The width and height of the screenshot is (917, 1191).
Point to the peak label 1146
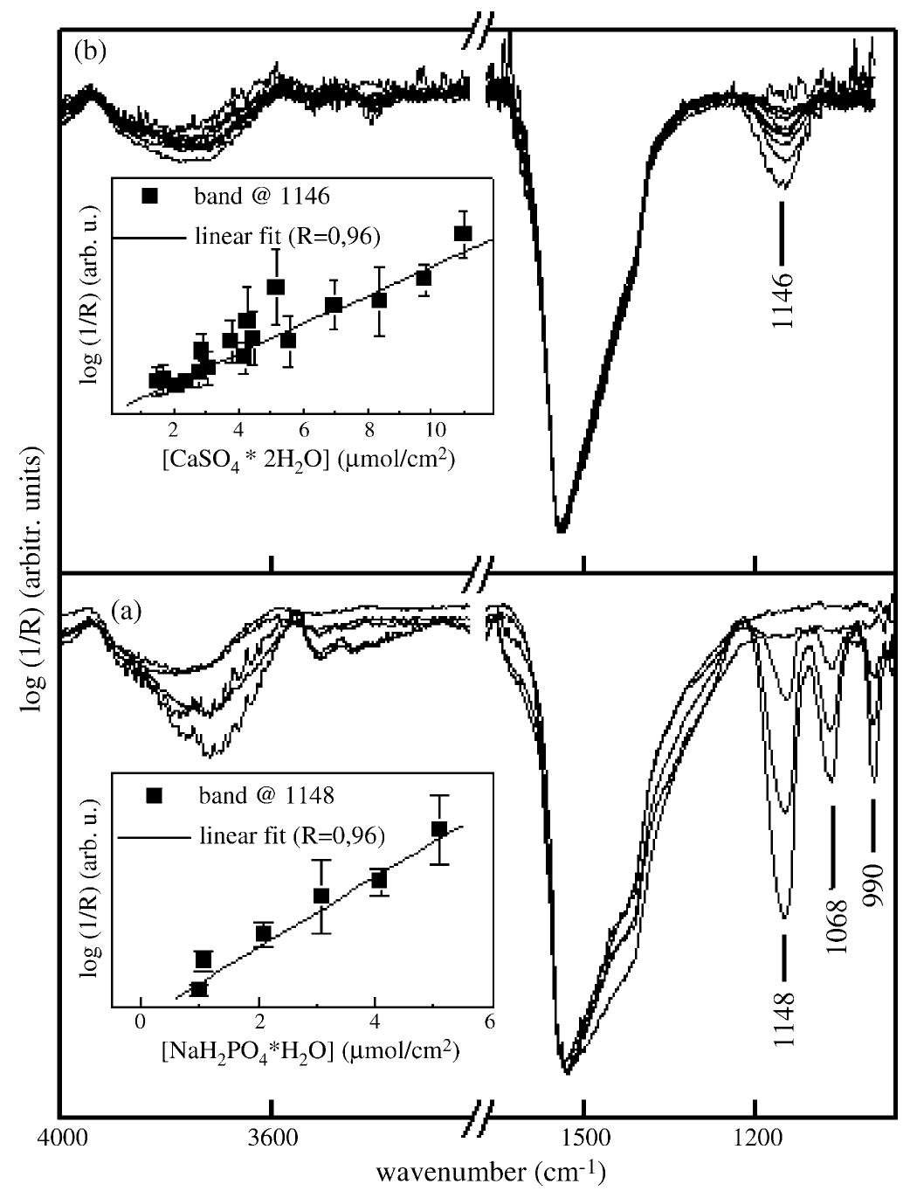pyautogui.click(x=783, y=299)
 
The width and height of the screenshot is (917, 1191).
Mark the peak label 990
pyautogui.click(x=873, y=883)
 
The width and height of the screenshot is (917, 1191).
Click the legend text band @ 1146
pyautogui.click(x=262, y=196)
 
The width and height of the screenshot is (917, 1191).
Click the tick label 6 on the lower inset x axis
pyautogui.click(x=489, y=1021)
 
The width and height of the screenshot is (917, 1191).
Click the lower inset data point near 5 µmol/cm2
pyautogui.click(x=439, y=828)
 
